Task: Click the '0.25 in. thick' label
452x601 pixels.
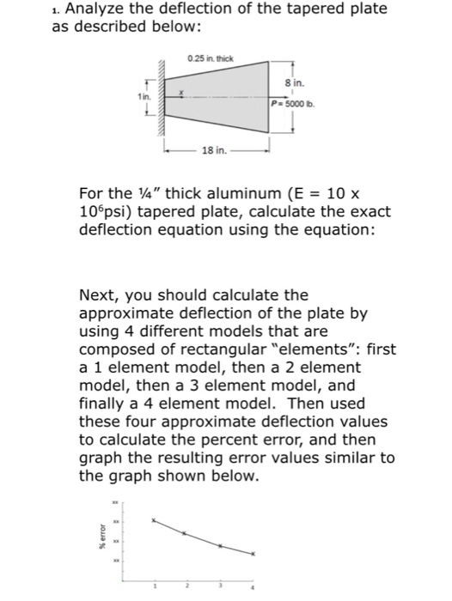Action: pyautogui.click(x=211, y=58)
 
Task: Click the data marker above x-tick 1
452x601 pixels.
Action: pyautogui.click(x=155, y=520)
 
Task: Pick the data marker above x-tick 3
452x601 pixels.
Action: pyautogui.click(x=219, y=546)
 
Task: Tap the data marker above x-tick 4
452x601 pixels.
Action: pyautogui.click(x=253, y=555)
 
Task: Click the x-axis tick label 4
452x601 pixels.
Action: pyautogui.click(x=253, y=588)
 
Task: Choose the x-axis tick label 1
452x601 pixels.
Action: pyautogui.click(x=155, y=588)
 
